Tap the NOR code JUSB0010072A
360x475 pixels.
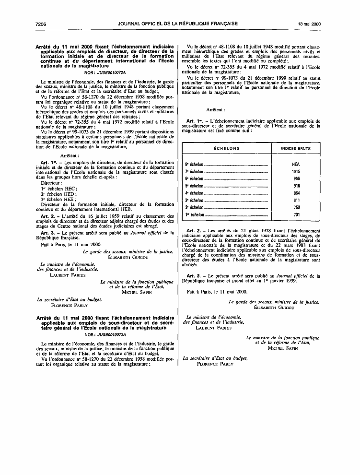point(108,72)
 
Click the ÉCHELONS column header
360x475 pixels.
point(227,148)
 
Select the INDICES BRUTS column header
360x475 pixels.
point(296,148)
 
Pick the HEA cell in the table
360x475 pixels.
point(296,164)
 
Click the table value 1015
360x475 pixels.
point(296,171)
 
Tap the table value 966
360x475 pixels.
point(296,178)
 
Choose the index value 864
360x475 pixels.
point(296,193)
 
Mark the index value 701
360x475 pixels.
point(296,214)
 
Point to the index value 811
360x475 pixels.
point(296,200)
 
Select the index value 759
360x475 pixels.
point(296,207)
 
